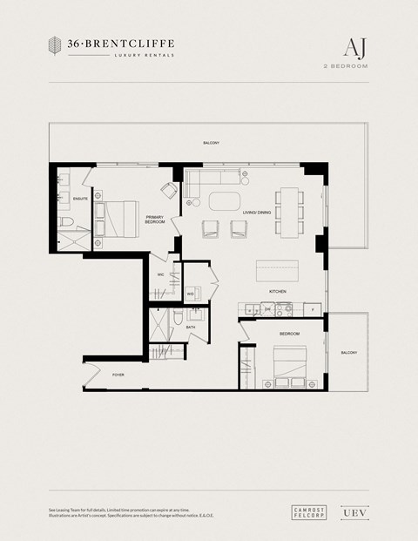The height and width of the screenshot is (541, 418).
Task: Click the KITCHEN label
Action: coord(278,291)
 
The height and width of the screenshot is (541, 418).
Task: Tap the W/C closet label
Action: coord(161,275)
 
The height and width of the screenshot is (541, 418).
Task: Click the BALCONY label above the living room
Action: coord(211,143)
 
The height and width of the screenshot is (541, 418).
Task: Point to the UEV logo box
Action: coord(351,515)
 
